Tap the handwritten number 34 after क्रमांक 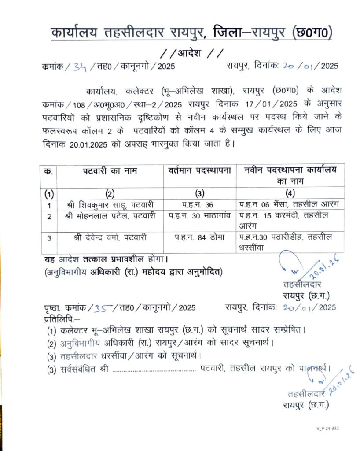pos(80,67)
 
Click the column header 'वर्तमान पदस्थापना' pos(199,171)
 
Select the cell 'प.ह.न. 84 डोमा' pos(199,237)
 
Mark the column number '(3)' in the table pos(199,193)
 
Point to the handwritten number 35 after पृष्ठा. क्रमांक pos(103,307)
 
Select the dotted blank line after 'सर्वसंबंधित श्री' pos(154,370)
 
